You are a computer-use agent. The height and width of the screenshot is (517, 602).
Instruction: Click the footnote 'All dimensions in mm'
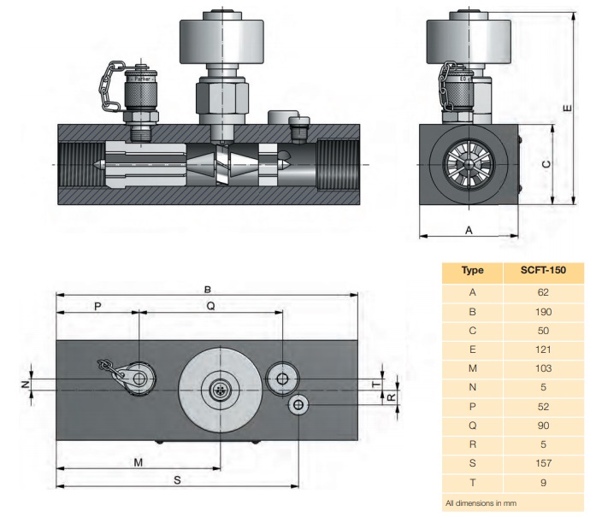pyautogui.click(x=481, y=502)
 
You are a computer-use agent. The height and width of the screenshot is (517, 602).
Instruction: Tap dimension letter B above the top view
pyautogui.click(x=207, y=287)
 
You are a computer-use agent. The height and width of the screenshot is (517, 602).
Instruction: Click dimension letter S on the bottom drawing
pyautogui.click(x=177, y=481)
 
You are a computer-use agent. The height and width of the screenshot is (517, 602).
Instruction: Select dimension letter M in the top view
pyautogui.click(x=137, y=462)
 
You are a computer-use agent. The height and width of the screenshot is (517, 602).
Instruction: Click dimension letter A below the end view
pyautogui.click(x=468, y=230)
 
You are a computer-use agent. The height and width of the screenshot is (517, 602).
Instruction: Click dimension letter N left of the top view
pyautogui.click(x=26, y=385)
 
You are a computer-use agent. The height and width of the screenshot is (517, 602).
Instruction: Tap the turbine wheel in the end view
pyautogui.click(x=469, y=162)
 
